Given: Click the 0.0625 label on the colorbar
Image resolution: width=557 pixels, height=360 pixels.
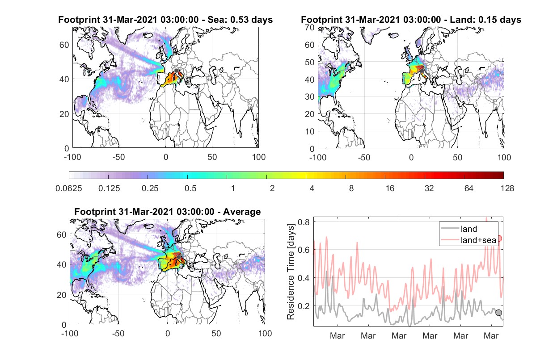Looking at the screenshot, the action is (x=69, y=188).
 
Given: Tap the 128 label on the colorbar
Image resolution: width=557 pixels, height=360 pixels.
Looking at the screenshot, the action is (x=507, y=188).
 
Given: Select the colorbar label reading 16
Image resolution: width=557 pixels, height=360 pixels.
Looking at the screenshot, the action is (x=390, y=188).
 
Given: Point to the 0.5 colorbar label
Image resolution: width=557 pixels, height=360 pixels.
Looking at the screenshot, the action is (x=190, y=188).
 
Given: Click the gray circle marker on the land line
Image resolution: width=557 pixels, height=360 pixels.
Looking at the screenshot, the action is (x=498, y=313).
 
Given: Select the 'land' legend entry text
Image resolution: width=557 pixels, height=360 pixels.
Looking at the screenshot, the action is (x=469, y=229).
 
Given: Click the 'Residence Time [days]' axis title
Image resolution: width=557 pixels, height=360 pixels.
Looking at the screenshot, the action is (x=291, y=272).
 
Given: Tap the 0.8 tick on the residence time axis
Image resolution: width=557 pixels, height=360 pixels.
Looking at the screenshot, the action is (x=304, y=222).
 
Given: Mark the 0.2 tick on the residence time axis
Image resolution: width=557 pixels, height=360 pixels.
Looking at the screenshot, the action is (x=304, y=306).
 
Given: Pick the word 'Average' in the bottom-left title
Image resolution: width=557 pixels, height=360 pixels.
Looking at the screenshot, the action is (x=242, y=212).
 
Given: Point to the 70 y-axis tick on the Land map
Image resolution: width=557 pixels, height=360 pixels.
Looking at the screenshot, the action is (x=310, y=27).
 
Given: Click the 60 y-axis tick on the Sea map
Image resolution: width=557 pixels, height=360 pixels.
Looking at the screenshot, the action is (x=64, y=45).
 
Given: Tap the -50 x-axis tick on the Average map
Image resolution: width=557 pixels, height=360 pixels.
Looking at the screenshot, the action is (x=118, y=333).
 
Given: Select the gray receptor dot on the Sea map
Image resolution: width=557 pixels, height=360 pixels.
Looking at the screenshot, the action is (x=177, y=71).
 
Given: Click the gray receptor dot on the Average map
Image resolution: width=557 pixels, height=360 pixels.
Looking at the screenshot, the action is (x=178, y=257).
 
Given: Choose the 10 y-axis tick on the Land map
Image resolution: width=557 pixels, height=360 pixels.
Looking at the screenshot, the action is (x=310, y=131).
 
